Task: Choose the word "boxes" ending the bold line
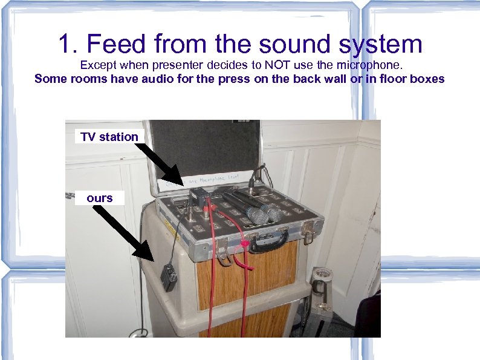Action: point(428,79)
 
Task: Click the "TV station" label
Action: point(109,137)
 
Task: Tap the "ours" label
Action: point(99,198)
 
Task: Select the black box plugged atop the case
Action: point(198,196)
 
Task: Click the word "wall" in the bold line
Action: point(333,79)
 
